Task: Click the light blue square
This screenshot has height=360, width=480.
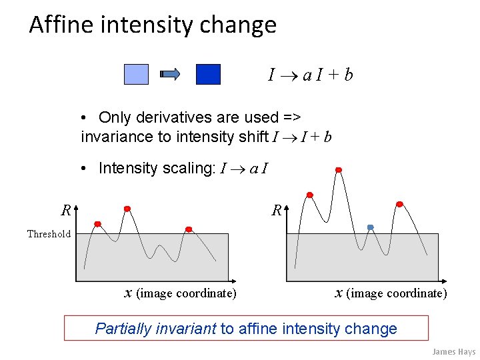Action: coord(136,74)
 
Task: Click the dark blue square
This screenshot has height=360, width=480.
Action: coord(208,74)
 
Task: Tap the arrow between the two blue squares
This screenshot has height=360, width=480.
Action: coord(171,74)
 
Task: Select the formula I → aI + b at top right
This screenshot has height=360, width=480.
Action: coord(310,75)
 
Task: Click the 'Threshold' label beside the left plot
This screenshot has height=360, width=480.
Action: coord(49,234)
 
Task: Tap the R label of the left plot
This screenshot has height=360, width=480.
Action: coord(66,211)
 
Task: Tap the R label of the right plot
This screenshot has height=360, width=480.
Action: coord(276,211)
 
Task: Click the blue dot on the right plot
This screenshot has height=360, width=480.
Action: coord(371,227)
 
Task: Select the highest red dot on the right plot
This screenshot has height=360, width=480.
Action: coord(339,170)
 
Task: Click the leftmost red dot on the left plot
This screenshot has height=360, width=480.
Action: coord(98,223)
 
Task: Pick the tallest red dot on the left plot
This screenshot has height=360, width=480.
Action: coord(127,209)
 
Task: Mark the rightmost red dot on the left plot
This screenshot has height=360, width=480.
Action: coord(189,229)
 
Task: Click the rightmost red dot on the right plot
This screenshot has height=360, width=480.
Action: coord(399,204)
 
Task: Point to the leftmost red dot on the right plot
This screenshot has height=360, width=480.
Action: coord(309,195)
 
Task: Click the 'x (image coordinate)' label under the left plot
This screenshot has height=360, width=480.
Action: coord(181,293)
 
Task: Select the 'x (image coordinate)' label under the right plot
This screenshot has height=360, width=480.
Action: coord(391,293)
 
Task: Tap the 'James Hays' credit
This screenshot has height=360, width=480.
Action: coord(453,351)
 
